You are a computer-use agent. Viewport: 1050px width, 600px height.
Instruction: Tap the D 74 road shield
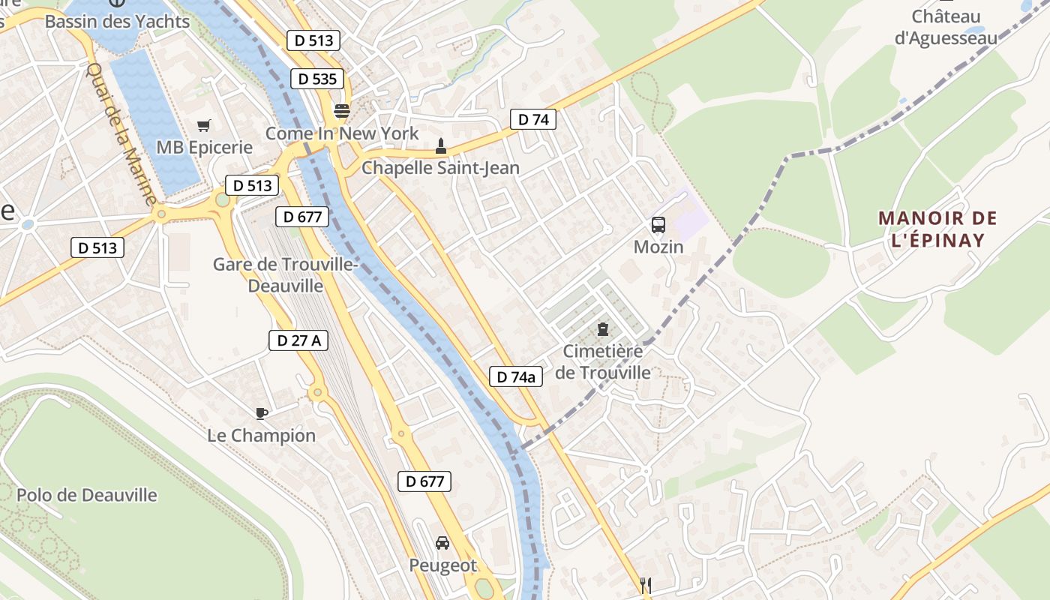533,118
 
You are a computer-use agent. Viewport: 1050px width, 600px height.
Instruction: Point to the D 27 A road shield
298,340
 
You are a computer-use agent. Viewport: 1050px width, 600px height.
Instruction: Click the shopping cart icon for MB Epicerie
204,125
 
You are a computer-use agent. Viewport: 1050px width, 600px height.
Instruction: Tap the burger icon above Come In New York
342,111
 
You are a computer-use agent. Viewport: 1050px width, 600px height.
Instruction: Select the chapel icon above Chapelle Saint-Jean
440,145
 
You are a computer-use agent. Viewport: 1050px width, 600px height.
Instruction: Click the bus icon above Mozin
658,224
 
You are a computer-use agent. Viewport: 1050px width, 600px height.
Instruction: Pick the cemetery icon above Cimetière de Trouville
602,328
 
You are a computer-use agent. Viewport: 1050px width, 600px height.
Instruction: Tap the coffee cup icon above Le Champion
261,412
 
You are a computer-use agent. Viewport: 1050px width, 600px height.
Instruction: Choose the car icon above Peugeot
442,542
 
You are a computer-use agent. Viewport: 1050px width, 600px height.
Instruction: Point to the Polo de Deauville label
87,495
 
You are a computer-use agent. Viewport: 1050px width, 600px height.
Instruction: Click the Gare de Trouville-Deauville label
286,274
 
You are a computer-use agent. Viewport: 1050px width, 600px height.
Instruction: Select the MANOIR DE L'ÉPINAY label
937,229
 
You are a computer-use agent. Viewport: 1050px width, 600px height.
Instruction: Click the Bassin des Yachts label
117,21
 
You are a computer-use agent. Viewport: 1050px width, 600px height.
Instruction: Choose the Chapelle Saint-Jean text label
440,167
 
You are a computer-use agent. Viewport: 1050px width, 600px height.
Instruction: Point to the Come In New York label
342,133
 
